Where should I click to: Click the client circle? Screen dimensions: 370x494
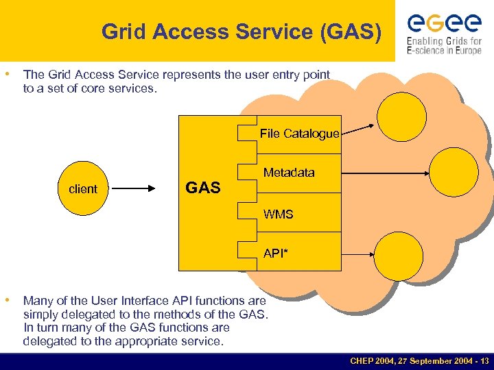coord(83,188)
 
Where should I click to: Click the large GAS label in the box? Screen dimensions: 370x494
coord(203,188)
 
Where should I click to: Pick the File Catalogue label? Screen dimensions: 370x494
coord(299,134)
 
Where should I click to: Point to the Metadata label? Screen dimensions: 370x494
coord(289,173)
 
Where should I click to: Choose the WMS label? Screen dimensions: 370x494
coord(278,214)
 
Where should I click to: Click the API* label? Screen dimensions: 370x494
coord(276,254)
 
